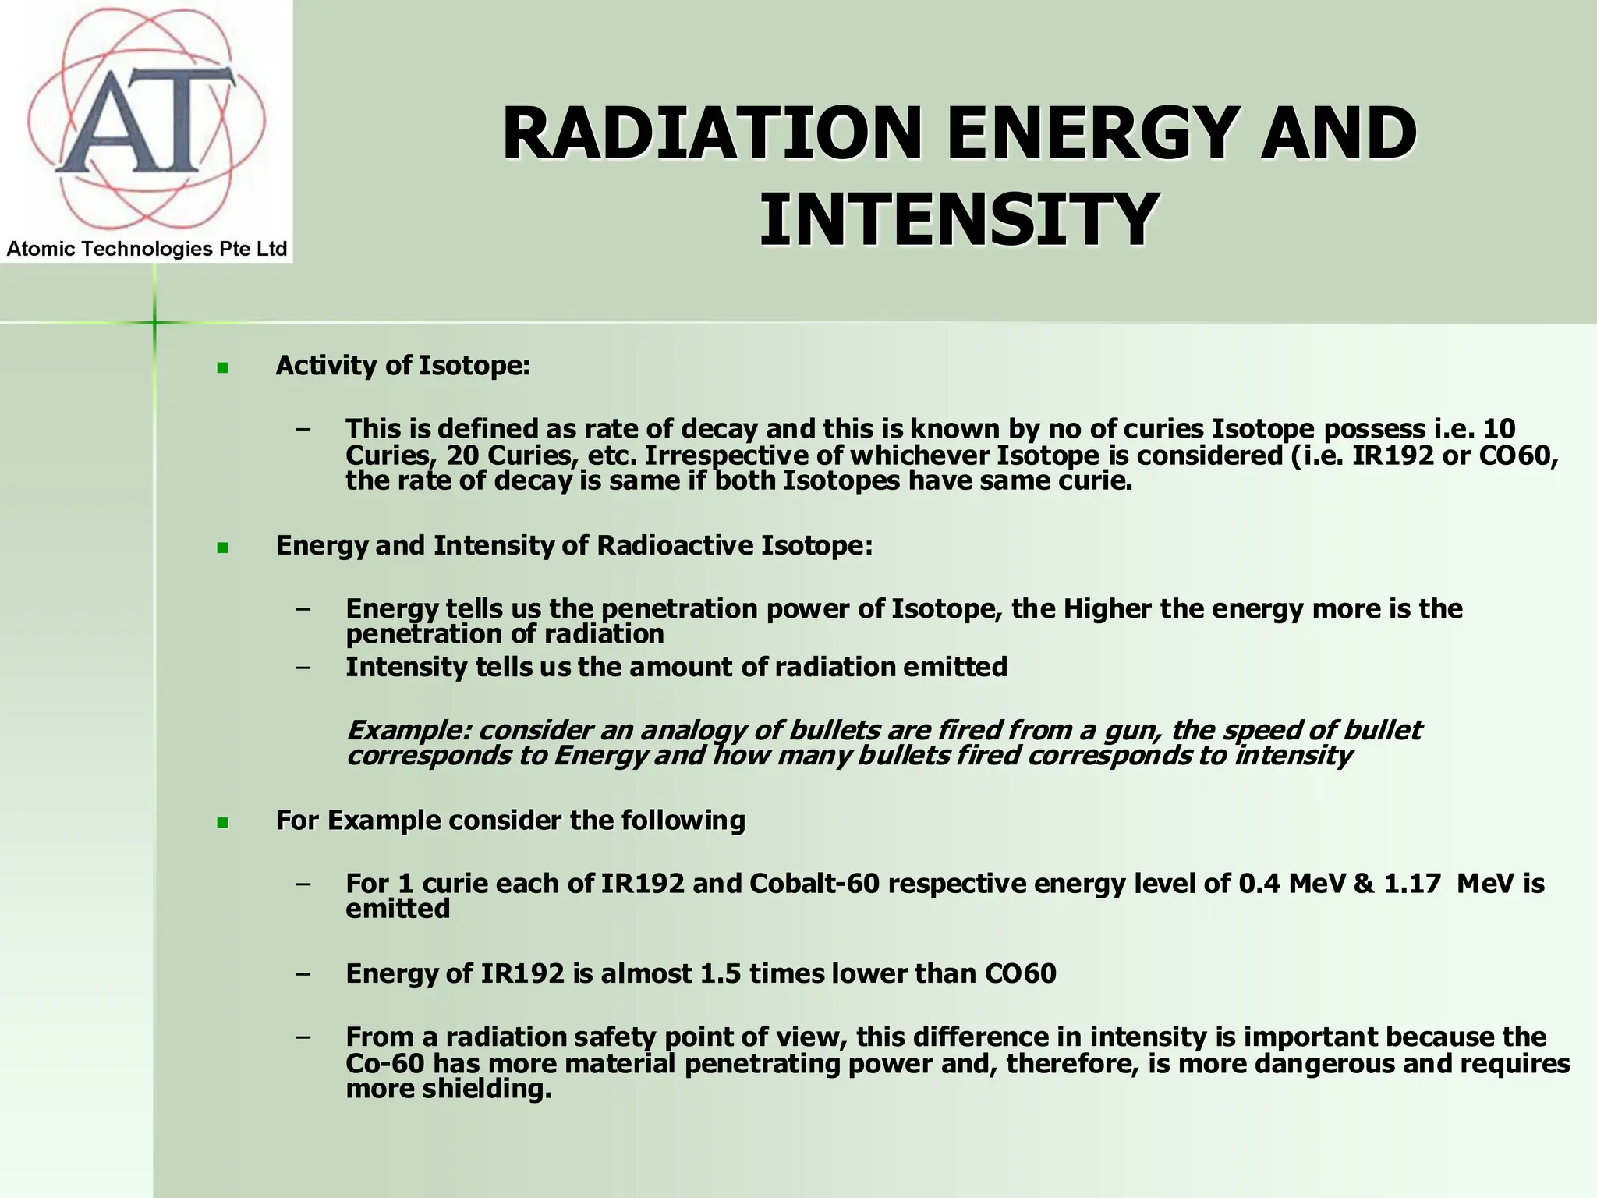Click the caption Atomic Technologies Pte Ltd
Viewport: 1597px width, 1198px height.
(147, 250)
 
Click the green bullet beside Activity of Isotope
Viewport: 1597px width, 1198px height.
(223, 367)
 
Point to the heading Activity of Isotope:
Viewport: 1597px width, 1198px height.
(402, 366)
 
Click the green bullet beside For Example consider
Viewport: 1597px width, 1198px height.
(223, 822)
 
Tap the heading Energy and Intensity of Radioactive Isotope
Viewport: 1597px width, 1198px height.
(574, 545)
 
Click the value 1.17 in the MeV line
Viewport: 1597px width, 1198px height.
(1412, 884)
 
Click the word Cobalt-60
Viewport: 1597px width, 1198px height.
(814, 884)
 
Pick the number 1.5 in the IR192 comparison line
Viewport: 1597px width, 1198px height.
(721, 973)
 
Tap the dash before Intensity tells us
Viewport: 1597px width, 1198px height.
(303, 668)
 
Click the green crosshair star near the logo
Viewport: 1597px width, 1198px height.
(154, 322)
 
